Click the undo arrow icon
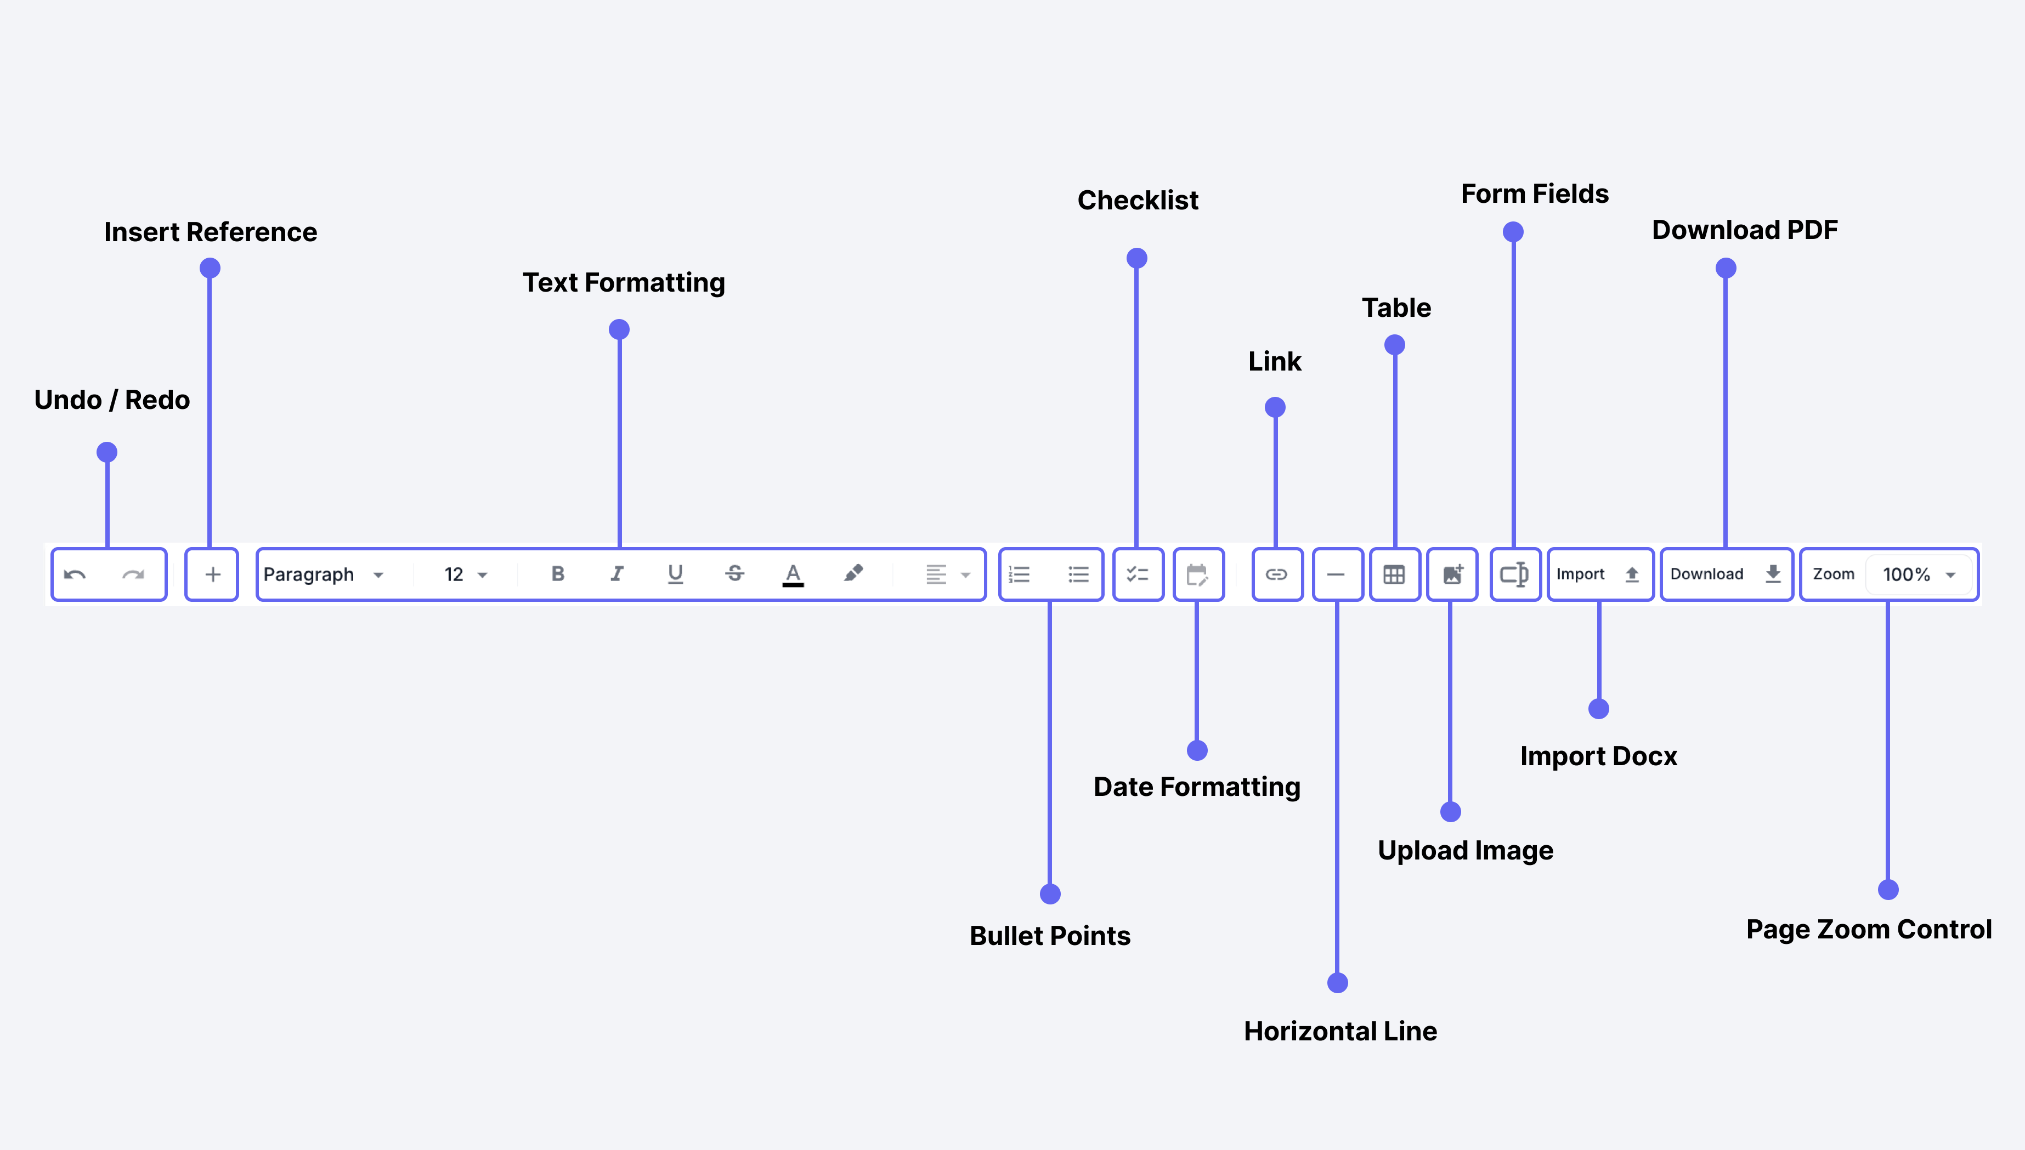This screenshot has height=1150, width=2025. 75,575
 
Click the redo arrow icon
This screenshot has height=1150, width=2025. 133,575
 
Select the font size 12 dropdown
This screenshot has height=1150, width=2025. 465,575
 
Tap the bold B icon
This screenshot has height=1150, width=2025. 558,574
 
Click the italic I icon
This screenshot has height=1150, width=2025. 617,574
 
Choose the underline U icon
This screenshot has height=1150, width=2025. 675,574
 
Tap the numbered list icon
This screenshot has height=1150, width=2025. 1020,575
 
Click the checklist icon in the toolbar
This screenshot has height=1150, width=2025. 1138,575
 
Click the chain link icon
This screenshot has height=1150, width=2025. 1277,575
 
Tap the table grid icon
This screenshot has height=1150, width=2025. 1394,575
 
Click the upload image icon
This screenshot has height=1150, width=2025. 1453,574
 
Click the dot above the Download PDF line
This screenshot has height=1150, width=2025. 1726,269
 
